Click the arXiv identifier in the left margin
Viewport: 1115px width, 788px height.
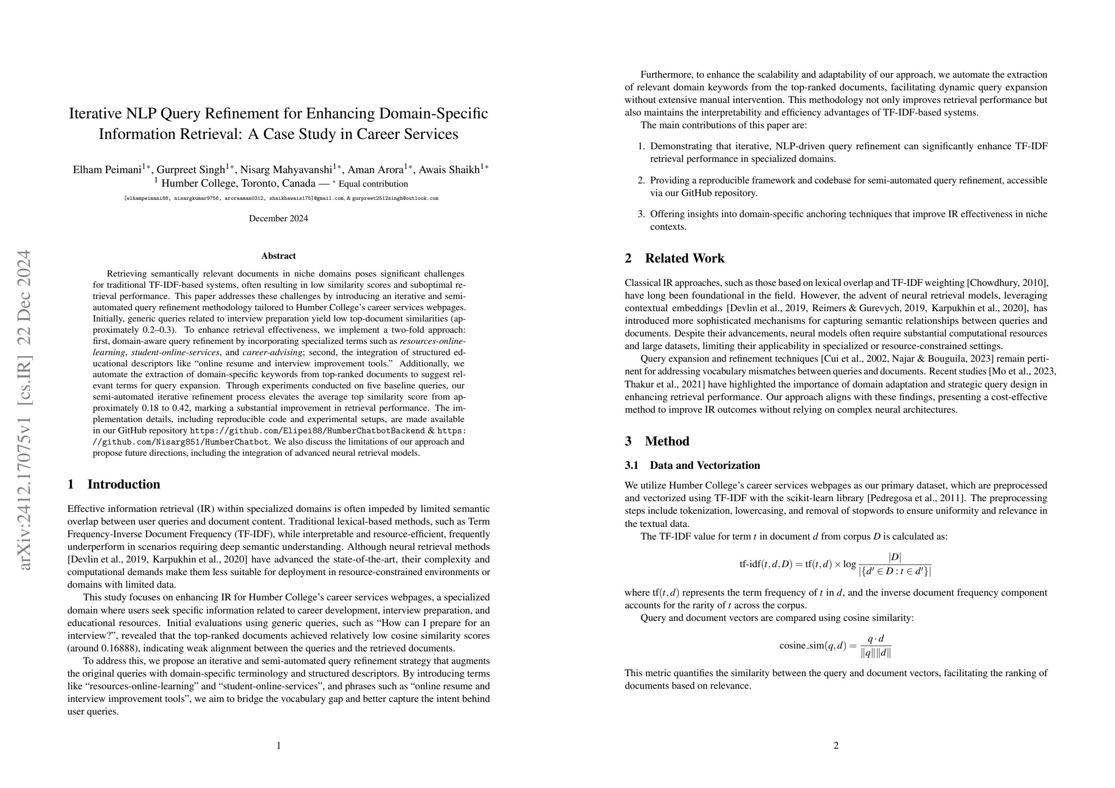[24, 409]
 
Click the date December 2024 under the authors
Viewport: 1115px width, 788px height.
[278, 219]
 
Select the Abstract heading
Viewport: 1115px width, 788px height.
[278, 256]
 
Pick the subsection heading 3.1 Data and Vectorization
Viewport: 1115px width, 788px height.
[692, 465]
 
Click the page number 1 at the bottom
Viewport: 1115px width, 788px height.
[278, 745]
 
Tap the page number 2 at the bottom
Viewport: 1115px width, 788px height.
[836, 745]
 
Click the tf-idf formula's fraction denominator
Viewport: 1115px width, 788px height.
[895, 571]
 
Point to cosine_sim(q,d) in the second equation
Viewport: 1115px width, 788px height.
[813, 646]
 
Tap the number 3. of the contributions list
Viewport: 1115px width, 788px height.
[641, 214]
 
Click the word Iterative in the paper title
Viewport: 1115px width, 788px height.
[95, 114]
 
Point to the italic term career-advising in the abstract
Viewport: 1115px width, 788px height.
[272, 352]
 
